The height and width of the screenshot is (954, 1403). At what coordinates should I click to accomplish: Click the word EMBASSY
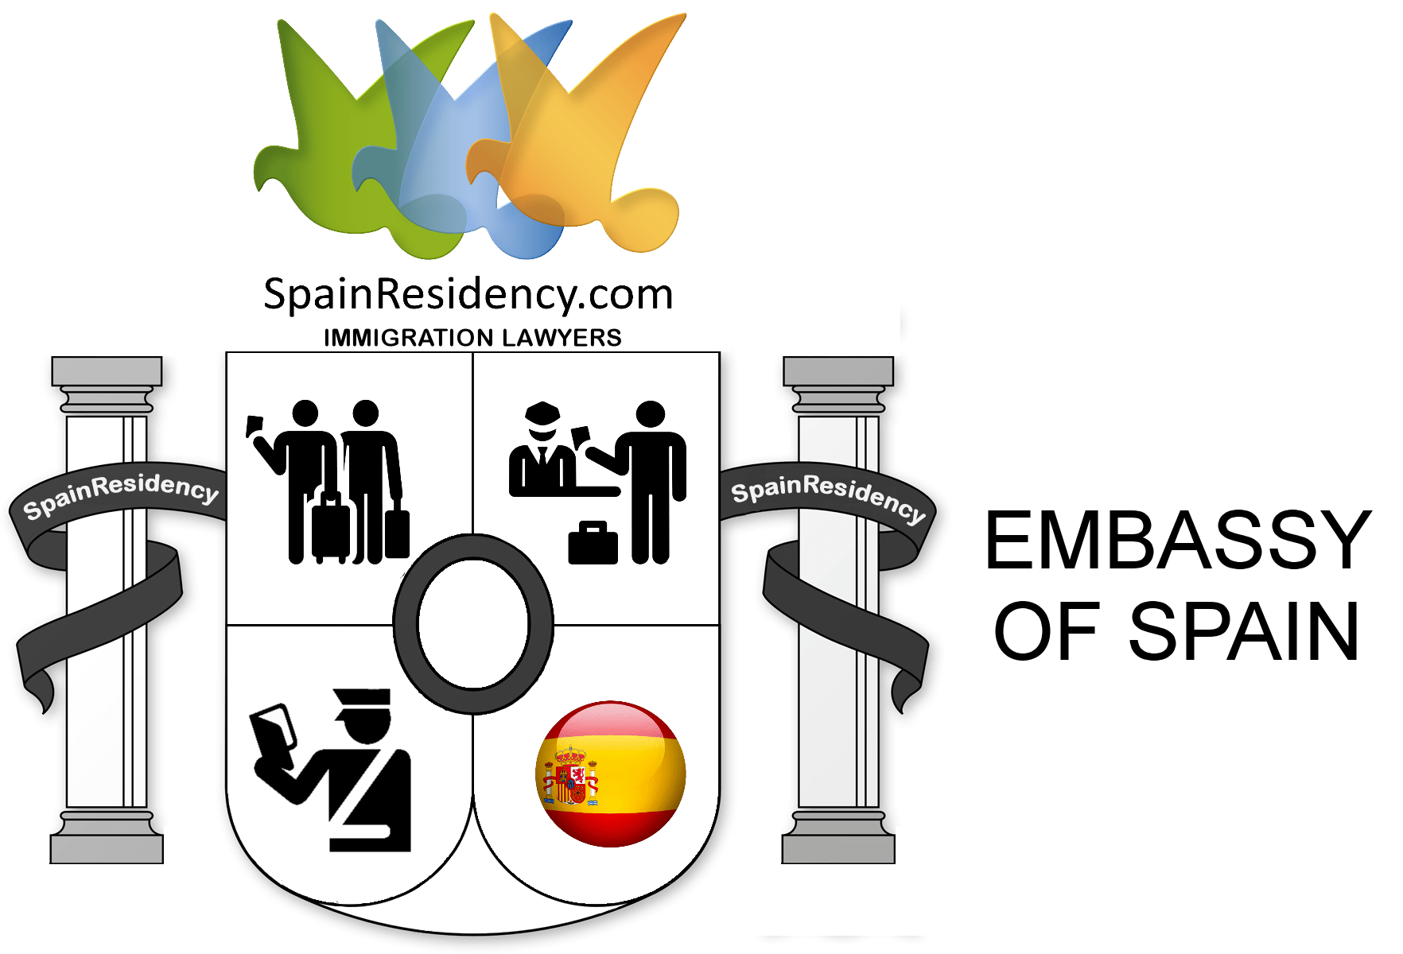(x=1177, y=541)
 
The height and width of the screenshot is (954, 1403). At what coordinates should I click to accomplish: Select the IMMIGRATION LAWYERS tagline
(x=472, y=338)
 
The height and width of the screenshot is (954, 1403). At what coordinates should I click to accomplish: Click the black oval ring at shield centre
(x=473, y=623)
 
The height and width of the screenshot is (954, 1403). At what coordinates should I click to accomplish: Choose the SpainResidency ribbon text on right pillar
(x=828, y=496)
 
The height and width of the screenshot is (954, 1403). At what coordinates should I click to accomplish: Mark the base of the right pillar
(x=839, y=839)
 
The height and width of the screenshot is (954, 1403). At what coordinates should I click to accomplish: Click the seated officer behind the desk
(x=541, y=453)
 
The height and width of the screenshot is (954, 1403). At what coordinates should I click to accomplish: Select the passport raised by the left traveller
(x=256, y=425)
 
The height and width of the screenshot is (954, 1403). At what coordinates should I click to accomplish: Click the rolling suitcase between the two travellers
(x=329, y=525)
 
